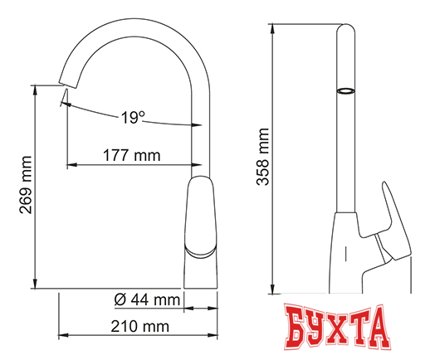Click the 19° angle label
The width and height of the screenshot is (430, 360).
click(129, 118)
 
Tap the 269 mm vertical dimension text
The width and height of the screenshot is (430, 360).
click(25, 186)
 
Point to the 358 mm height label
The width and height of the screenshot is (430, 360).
click(264, 158)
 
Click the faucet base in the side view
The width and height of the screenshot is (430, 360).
click(365, 274)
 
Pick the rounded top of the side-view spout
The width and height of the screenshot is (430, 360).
click(345, 29)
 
